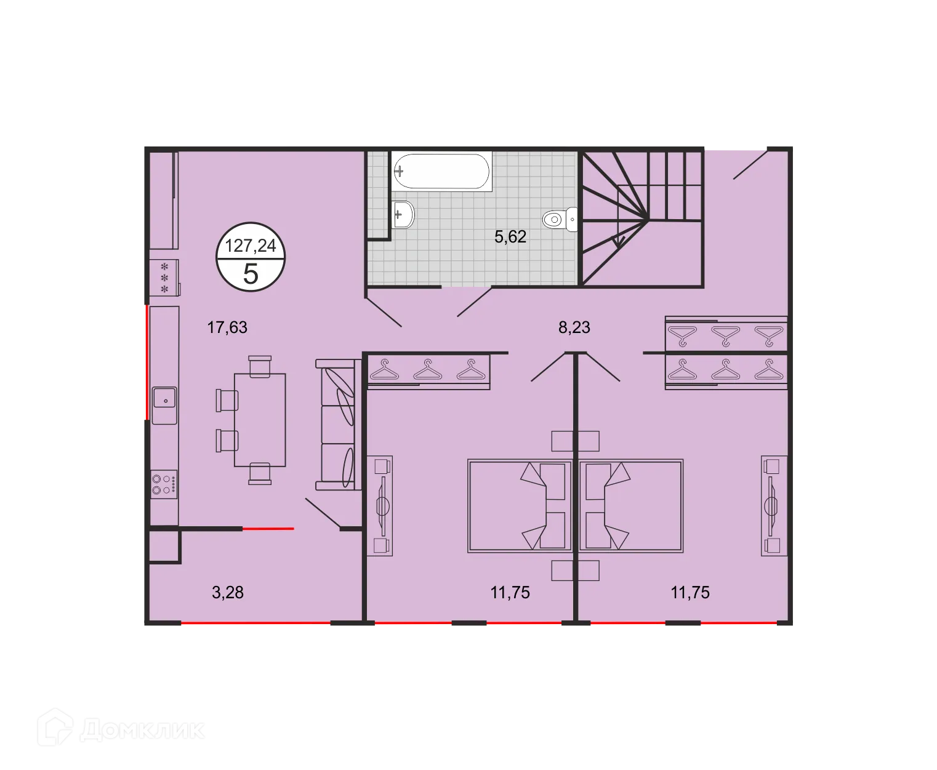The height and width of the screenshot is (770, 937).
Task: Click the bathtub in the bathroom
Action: point(441,170)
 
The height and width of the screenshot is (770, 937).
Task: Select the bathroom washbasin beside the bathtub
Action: point(403,214)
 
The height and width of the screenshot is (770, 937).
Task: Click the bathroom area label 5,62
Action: point(510,237)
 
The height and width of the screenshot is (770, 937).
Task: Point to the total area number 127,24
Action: point(251,246)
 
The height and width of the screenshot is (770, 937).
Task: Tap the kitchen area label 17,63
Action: point(227,327)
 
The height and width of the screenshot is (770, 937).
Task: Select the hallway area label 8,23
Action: point(574,327)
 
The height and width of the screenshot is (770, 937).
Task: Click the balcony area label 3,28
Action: point(228,593)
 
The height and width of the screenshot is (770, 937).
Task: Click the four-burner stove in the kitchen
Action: point(164,484)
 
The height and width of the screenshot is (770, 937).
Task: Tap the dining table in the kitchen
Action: point(260,420)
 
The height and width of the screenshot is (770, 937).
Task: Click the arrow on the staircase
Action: point(619,241)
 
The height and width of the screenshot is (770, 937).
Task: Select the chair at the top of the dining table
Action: point(260,365)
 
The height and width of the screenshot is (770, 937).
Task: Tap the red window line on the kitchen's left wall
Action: point(146,363)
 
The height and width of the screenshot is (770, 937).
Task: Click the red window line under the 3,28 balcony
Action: point(255,624)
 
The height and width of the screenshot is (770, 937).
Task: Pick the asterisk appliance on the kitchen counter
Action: point(164,277)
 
